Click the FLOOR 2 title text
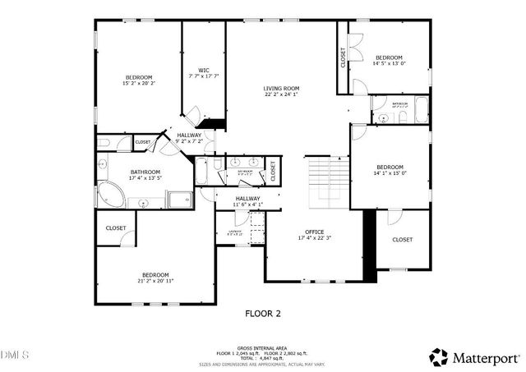click(x=263, y=313)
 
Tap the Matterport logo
click(x=473, y=356)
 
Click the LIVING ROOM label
click(x=281, y=89)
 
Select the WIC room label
click(x=204, y=70)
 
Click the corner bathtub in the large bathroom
click(x=111, y=195)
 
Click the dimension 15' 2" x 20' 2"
click(x=139, y=83)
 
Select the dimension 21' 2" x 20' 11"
click(x=155, y=281)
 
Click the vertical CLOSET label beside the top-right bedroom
click(x=343, y=57)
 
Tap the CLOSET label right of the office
click(x=402, y=239)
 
